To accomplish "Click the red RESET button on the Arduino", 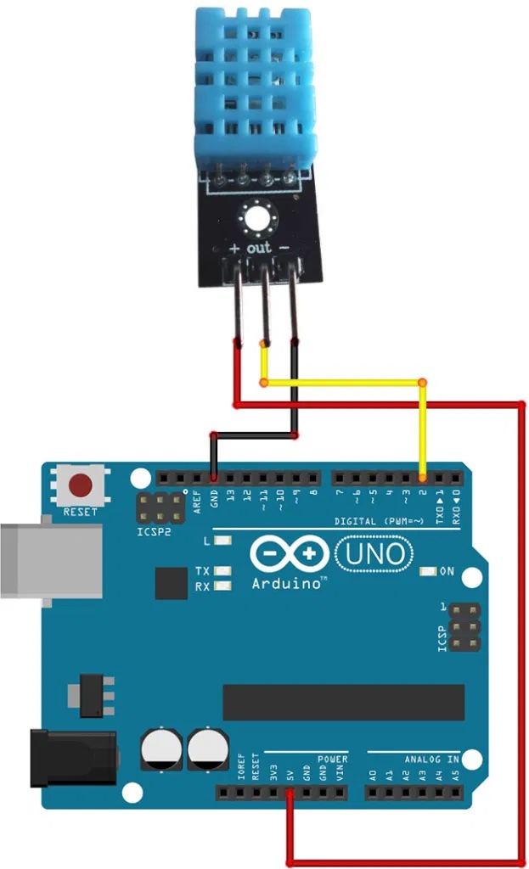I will coord(81,486).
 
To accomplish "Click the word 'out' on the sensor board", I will coord(258,249).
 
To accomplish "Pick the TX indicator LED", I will coord(223,571).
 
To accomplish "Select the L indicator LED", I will coord(223,541).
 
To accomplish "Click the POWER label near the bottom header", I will coord(332,758).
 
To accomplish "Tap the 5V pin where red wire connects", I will coord(290,793).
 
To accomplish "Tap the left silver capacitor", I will coord(160,749).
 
